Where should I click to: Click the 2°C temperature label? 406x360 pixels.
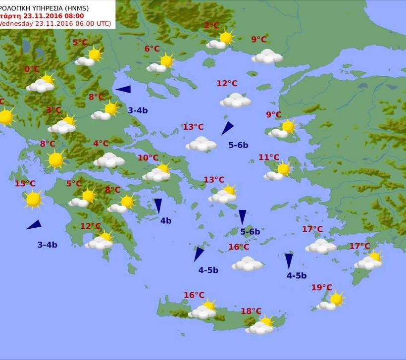click(211, 26)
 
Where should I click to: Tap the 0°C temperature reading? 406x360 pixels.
click(32, 69)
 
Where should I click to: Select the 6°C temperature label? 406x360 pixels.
click(152, 49)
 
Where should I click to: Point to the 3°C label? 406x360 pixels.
click(54, 110)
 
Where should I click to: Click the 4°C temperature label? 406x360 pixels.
click(101, 144)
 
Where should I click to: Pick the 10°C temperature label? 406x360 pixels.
click(148, 158)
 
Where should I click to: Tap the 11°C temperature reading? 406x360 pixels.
click(269, 157)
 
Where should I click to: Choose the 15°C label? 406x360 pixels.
click(25, 184)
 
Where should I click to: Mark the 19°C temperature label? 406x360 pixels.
click(322, 287)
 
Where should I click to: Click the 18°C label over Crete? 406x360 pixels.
click(251, 311)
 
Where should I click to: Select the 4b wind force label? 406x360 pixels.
click(166, 221)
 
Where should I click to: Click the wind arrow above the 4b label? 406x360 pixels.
click(158, 206)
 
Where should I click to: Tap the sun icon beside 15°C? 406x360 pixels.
click(33, 199)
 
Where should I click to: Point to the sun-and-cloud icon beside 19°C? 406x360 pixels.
click(332, 301)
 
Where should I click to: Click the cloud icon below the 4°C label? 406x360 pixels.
click(109, 160)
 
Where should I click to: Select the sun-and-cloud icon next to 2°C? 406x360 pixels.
click(221, 40)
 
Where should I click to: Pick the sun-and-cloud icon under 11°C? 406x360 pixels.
click(278, 171)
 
